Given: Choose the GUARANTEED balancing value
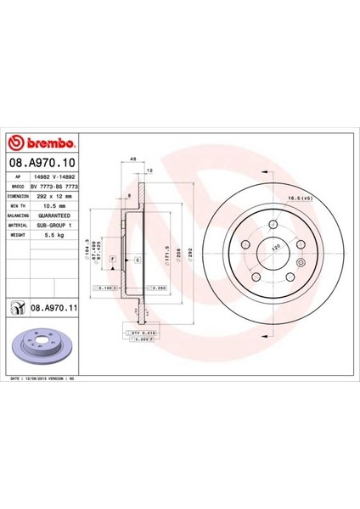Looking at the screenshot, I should point(55,215).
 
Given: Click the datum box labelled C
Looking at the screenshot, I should point(137,260).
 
